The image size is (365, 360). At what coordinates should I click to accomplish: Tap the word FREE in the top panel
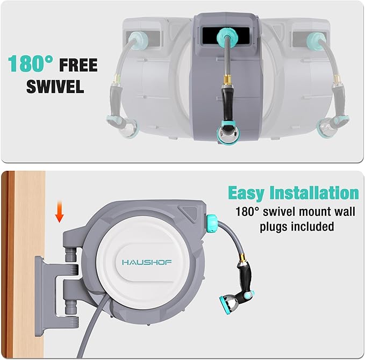78,66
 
